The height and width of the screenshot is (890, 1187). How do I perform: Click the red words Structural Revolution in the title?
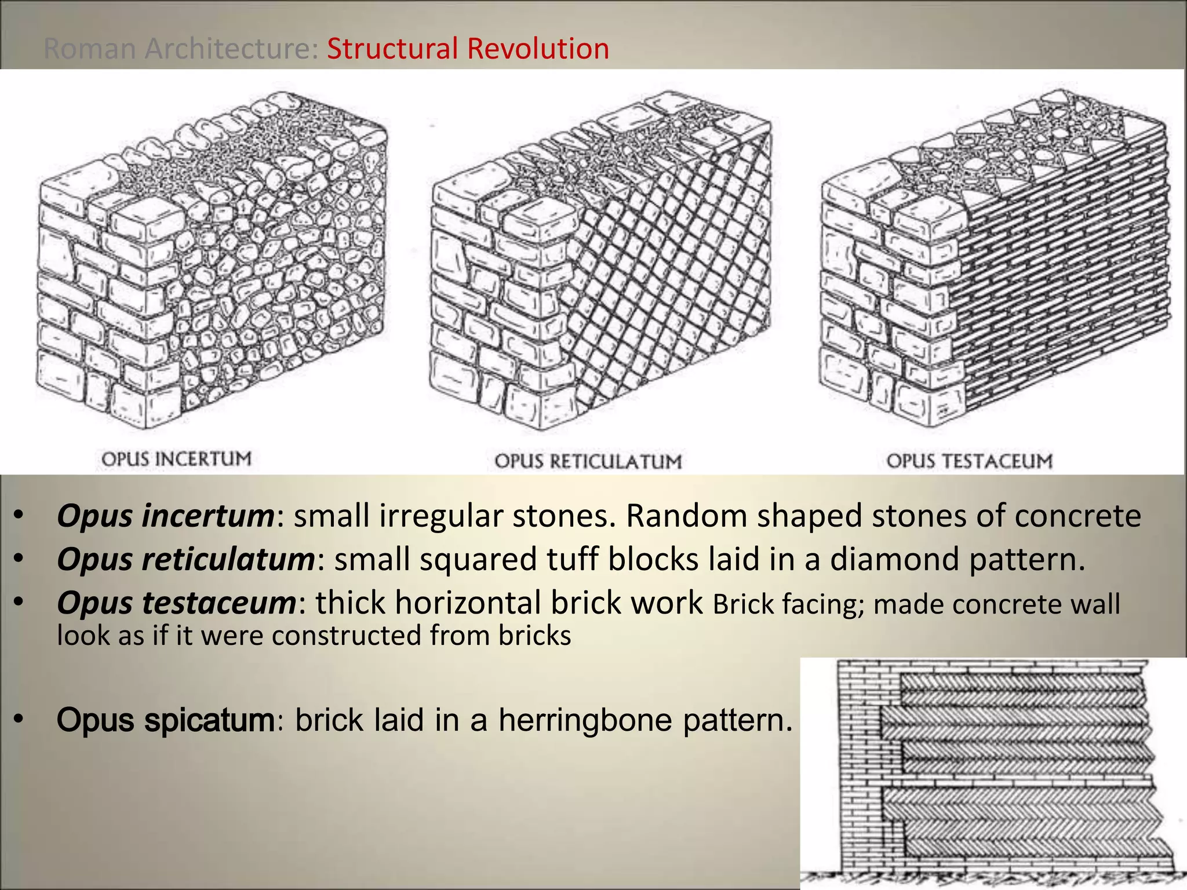coord(468,48)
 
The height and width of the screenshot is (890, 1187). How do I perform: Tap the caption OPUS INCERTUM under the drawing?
coord(176,459)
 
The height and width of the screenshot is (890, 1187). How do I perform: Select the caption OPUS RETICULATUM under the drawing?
coord(588,461)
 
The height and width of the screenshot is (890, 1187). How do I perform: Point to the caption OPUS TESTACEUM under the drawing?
coord(969,461)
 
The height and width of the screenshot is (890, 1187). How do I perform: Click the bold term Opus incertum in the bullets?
coord(165,515)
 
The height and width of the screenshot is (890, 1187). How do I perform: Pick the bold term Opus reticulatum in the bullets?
coord(185,559)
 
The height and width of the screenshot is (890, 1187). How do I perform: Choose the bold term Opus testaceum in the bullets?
coord(176,603)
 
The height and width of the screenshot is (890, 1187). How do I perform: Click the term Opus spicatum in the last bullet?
coord(165,720)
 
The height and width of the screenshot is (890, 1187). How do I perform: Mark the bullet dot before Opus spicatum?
coord(19,720)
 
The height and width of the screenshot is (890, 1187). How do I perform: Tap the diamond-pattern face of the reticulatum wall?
coord(667,278)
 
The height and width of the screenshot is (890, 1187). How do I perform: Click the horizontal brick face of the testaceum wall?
coord(1061,278)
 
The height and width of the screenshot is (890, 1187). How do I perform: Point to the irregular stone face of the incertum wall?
coord(278,278)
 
